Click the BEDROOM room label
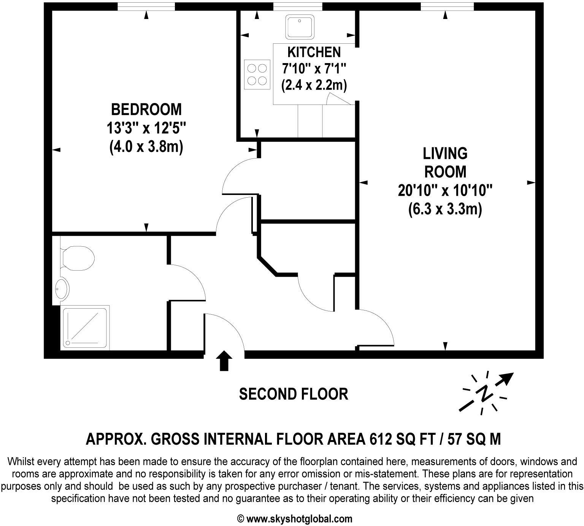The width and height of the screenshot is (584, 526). click(x=146, y=109)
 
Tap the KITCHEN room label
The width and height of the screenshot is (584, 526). click(x=314, y=52)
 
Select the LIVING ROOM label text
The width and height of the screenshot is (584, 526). click(x=445, y=163)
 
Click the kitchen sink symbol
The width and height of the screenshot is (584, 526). click(x=300, y=27)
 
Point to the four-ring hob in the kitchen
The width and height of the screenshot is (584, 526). click(x=257, y=74)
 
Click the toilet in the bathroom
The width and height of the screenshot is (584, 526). click(x=77, y=258)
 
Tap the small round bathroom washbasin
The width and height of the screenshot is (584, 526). click(x=62, y=289)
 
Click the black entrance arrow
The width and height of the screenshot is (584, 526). click(x=224, y=360)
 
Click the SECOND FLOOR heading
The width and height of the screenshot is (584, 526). click(x=294, y=394)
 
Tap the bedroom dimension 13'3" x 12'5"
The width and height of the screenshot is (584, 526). click(x=146, y=128)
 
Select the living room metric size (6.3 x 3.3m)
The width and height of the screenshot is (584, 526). click(x=445, y=209)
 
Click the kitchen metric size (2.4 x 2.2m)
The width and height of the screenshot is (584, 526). click(x=314, y=85)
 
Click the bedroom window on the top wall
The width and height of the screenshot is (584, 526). click(x=146, y=6)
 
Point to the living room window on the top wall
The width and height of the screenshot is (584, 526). click(x=447, y=6)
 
